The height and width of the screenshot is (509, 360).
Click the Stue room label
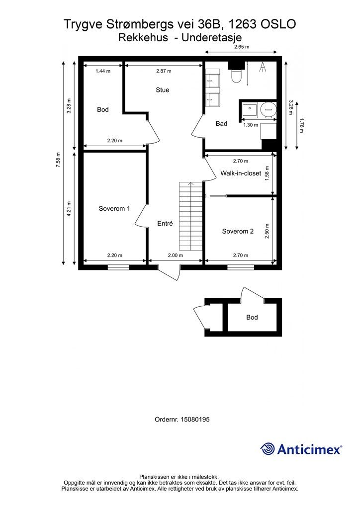162,90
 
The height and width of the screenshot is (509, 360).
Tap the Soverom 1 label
114,208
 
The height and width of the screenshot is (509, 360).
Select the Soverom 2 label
238,231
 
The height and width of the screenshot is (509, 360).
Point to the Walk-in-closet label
241,173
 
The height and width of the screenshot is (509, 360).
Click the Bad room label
221,123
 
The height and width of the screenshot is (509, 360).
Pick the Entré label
165,223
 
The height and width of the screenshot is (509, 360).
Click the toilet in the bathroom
236,76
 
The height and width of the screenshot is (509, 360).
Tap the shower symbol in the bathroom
263,68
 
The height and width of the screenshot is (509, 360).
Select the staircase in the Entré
190,216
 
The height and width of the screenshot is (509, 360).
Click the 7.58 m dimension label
58,160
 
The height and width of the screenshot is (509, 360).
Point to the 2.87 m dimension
164,71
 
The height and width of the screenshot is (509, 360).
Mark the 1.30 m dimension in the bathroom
251,125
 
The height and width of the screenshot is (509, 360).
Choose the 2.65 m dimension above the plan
242,47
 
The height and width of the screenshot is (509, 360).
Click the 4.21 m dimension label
69,209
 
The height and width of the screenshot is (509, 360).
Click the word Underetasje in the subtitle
212,38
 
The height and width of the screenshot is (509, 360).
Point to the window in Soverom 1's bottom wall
118,267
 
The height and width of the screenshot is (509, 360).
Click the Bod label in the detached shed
252,317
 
